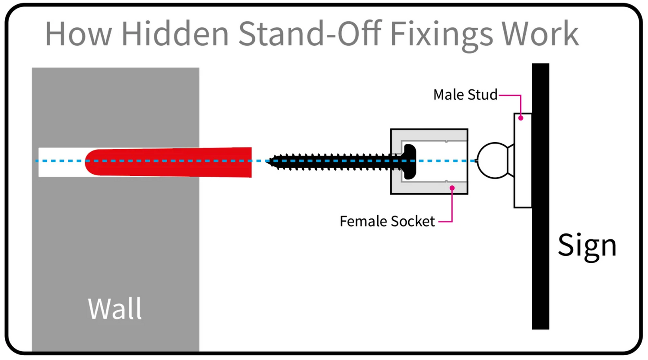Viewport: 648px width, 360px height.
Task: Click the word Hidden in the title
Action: [x=175, y=34]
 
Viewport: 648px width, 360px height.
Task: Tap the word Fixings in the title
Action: [x=441, y=34]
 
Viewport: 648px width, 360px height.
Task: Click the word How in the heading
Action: [x=78, y=34]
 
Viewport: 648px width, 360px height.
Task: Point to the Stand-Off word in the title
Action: [x=309, y=34]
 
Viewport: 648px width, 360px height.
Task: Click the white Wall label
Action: [x=115, y=309]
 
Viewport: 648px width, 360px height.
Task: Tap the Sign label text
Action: [x=587, y=245]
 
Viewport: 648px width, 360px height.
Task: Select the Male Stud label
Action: [x=465, y=95]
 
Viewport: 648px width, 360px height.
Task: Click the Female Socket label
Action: [x=387, y=221]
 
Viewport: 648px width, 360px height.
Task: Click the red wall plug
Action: [x=173, y=162]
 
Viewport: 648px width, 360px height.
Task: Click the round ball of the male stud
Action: [x=492, y=160]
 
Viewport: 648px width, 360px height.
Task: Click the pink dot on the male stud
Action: [x=521, y=118]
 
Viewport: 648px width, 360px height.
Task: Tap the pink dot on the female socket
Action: [x=452, y=188]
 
